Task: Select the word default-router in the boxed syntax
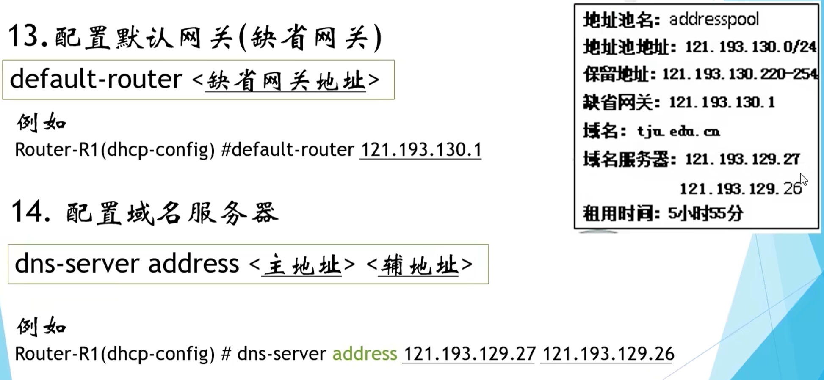pyautogui.click(x=96, y=79)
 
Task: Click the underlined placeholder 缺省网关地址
pyautogui.click(x=285, y=80)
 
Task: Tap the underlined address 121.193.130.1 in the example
pyautogui.click(x=420, y=150)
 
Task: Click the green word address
pyautogui.click(x=365, y=354)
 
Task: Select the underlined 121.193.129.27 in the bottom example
pyautogui.click(x=469, y=354)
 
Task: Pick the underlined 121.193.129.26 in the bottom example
pyautogui.click(x=608, y=354)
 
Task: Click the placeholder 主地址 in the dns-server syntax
pyautogui.click(x=301, y=265)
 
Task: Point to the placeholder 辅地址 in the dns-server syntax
pyautogui.click(x=418, y=265)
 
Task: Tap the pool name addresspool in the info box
pyautogui.click(x=713, y=19)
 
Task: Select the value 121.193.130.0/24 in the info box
pyautogui.click(x=751, y=47)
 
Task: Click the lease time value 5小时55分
pyautogui.click(x=705, y=213)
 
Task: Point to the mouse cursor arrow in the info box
pyautogui.click(x=803, y=179)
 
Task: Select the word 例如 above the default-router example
pyautogui.click(x=41, y=123)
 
